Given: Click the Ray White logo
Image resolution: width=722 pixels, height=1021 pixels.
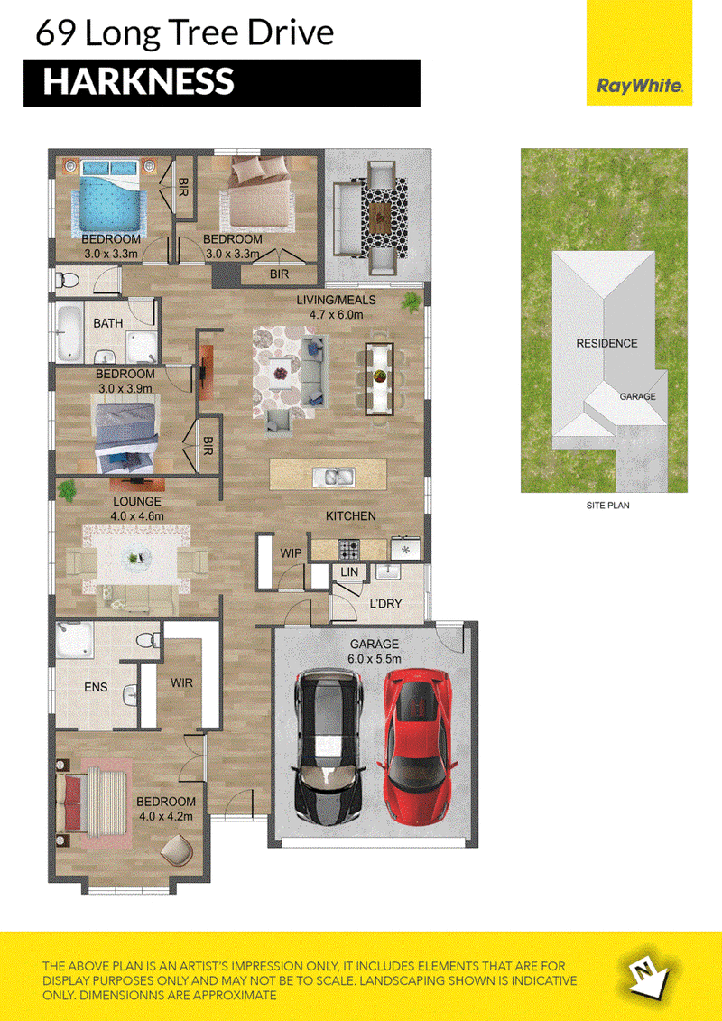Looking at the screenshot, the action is [639, 85].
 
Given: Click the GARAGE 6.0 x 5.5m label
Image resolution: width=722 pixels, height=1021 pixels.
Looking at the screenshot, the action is [374, 651].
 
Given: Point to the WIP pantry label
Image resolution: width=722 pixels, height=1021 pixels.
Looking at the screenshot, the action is [291, 553].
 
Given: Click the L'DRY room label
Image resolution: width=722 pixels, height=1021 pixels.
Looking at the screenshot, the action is [385, 604].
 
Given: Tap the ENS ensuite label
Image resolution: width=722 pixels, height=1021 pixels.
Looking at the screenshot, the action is [96, 687].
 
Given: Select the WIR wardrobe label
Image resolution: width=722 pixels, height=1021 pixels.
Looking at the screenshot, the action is [181, 683].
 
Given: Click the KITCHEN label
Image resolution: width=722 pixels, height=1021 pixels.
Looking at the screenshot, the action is [351, 516].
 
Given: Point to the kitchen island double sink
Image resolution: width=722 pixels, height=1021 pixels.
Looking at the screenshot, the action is [333, 478].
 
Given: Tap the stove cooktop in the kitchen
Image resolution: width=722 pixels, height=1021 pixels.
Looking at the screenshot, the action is [348, 550].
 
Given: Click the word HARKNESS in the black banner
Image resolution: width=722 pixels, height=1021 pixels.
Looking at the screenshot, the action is [138, 82].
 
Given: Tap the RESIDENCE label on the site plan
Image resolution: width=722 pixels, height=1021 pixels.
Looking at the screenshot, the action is [606, 343].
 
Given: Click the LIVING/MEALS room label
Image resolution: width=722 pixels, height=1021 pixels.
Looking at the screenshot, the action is [337, 307].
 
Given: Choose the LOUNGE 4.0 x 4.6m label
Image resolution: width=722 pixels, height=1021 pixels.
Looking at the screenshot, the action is [136, 508].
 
